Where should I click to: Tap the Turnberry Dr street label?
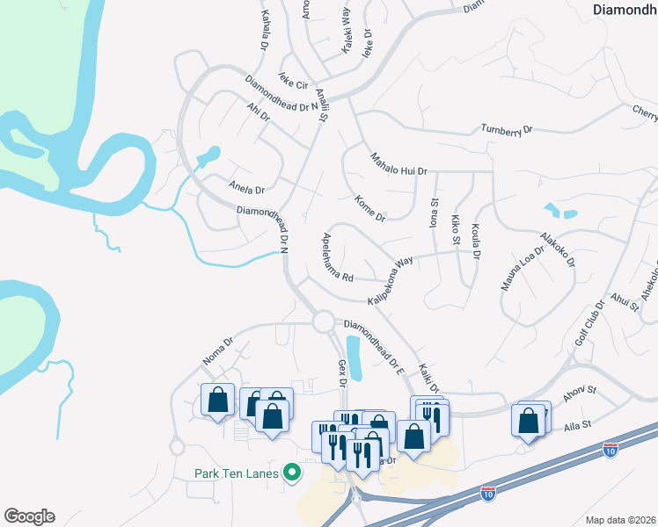[507, 130]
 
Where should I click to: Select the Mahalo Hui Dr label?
[398, 163]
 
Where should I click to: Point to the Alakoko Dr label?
[558, 249]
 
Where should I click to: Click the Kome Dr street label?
[369, 208]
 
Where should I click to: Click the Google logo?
[29, 516]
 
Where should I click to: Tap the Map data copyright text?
[621, 520]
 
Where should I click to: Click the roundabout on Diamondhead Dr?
[322, 322]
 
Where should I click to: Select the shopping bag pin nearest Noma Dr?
[217, 400]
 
